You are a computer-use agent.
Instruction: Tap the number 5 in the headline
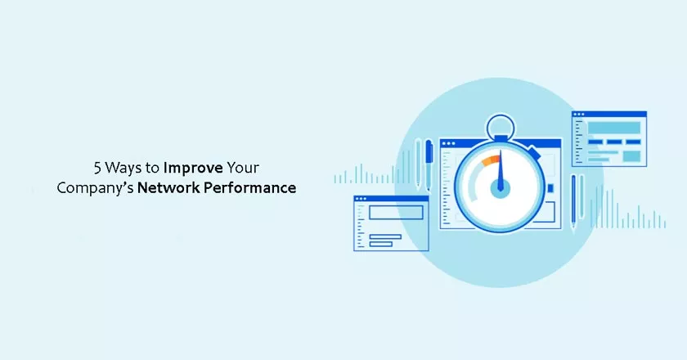97,169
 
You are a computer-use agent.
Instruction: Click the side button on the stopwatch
533,151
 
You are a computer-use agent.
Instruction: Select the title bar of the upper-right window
609,115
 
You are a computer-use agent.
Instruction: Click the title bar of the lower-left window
391,199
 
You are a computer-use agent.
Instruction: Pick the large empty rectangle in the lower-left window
396,213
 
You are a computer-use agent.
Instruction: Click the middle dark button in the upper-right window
615,142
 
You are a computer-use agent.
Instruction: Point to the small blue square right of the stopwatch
550,188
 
